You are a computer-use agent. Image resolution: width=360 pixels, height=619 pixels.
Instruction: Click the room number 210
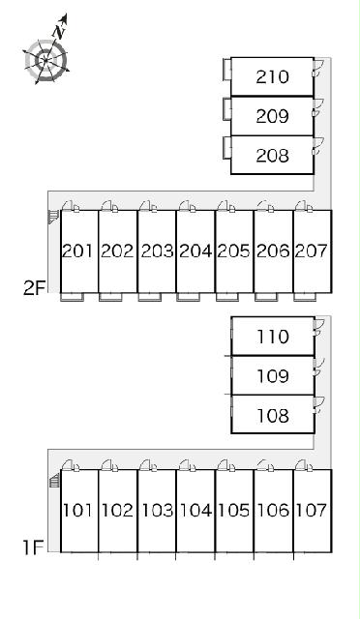click(x=272, y=76)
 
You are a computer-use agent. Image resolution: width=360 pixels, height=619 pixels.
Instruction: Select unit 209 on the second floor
click(x=272, y=116)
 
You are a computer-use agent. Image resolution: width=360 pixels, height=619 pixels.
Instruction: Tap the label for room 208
click(x=272, y=155)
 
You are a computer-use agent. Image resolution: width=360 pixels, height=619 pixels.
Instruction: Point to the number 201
click(x=77, y=251)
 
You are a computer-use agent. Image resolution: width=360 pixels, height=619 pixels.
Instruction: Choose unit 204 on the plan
click(x=195, y=251)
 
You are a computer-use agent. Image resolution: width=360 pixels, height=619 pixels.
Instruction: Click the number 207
click(x=312, y=251)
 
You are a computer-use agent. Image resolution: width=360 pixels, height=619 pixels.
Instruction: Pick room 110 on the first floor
click(x=273, y=337)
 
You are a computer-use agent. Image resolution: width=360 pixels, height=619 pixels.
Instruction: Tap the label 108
click(x=273, y=415)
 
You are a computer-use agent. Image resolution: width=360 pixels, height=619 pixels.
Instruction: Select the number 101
click(x=77, y=510)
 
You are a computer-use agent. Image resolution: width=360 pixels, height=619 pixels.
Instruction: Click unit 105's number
click(x=234, y=510)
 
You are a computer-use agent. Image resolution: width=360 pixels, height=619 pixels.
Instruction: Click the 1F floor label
click(x=33, y=547)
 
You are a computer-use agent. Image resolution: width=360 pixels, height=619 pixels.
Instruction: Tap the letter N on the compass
click(x=59, y=32)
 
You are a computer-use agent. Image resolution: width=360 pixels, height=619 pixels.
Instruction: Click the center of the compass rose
click(x=46, y=60)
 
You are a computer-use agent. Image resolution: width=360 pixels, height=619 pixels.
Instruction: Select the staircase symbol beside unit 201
click(x=53, y=217)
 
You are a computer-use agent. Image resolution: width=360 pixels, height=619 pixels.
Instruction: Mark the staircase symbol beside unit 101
click(x=54, y=482)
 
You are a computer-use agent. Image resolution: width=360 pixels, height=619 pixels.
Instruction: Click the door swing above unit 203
click(x=144, y=206)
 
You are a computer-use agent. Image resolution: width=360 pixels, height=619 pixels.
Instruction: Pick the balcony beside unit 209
click(x=226, y=108)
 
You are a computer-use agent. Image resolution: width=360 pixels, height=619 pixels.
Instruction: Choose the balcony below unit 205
click(x=227, y=297)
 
